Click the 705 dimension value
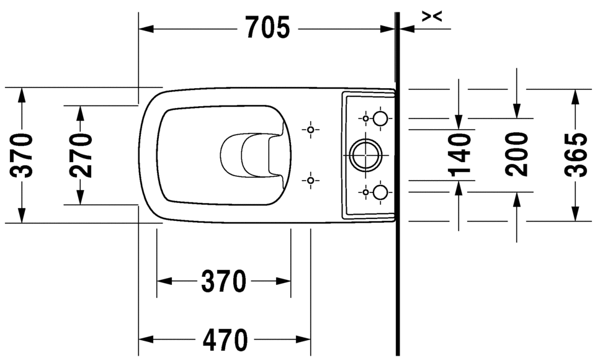pyautogui.click(x=267, y=27)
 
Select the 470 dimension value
pyautogui.click(x=225, y=340)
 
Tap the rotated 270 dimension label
pyautogui.click(x=81, y=155)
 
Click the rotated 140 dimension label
pyautogui.click(x=460, y=155)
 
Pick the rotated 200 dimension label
pyautogui.click(x=517, y=155)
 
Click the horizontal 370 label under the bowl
pyautogui.click(x=223, y=282)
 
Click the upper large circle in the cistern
pyautogui.click(x=380, y=118)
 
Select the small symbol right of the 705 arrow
pyautogui.click(x=432, y=17)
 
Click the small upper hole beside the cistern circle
pyautogui.click(x=366, y=118)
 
